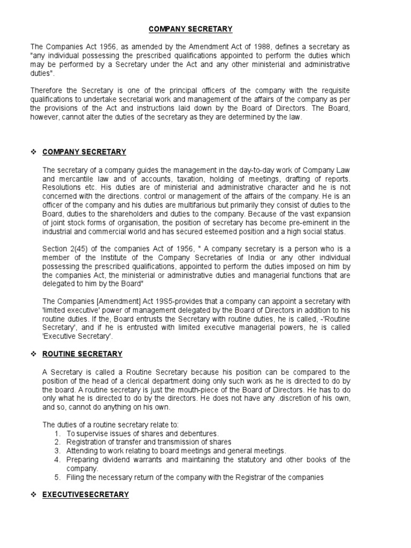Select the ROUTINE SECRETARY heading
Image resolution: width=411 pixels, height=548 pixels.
pyautogui.click(x=82, y=354)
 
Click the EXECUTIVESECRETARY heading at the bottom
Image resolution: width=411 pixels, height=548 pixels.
pyautogui.click(x=86, y=494)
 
